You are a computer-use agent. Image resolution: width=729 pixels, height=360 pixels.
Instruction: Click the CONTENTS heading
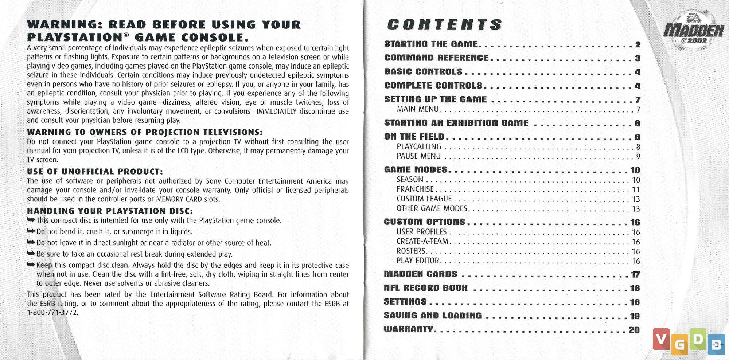pos(444,25)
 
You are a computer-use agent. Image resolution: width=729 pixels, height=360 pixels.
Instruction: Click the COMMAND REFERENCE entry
pos(436,58)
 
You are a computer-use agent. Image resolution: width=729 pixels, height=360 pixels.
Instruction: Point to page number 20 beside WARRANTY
pos(634,330)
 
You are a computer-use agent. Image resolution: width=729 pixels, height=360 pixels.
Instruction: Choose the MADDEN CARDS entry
pos(420,274)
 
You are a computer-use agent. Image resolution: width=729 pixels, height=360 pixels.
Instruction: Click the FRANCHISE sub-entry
pos(415,189)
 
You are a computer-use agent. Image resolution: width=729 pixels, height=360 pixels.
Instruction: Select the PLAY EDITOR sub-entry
pos(418,261)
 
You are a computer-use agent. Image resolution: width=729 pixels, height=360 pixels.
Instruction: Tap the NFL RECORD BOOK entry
pos(425,288)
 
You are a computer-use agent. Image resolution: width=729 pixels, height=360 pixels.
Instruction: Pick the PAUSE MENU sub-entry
pos(418,156)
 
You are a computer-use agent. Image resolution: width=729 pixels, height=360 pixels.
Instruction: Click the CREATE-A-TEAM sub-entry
pos(422,241)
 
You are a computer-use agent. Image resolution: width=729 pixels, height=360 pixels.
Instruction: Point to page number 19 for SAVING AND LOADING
pos(635,316)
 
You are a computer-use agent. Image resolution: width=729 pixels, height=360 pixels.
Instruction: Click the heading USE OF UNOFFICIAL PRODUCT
pos(95,172)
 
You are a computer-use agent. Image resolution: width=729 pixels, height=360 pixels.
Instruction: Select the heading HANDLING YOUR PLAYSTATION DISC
pos(110,211)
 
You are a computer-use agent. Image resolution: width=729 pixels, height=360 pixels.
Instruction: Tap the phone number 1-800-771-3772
pos(52,313)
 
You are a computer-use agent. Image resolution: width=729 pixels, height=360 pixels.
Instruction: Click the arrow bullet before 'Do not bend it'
pos(31,231)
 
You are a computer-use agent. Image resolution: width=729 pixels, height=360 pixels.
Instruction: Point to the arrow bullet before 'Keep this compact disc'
pos(31,265)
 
